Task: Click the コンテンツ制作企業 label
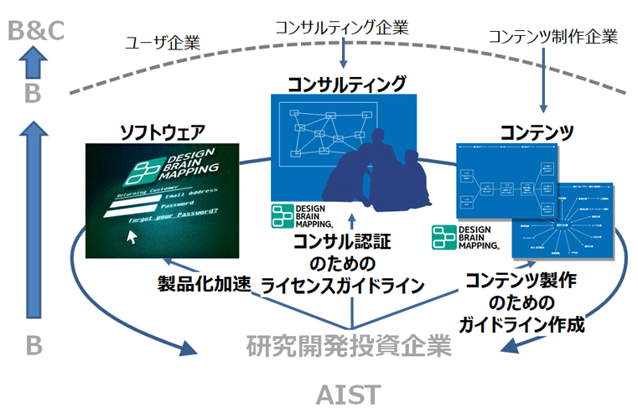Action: coord(552,36)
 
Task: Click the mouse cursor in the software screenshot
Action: coord(131,235)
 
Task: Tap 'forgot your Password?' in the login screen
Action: coord(172,221)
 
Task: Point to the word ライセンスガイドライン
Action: coord(342,285)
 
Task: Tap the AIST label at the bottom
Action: coord(348,394)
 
